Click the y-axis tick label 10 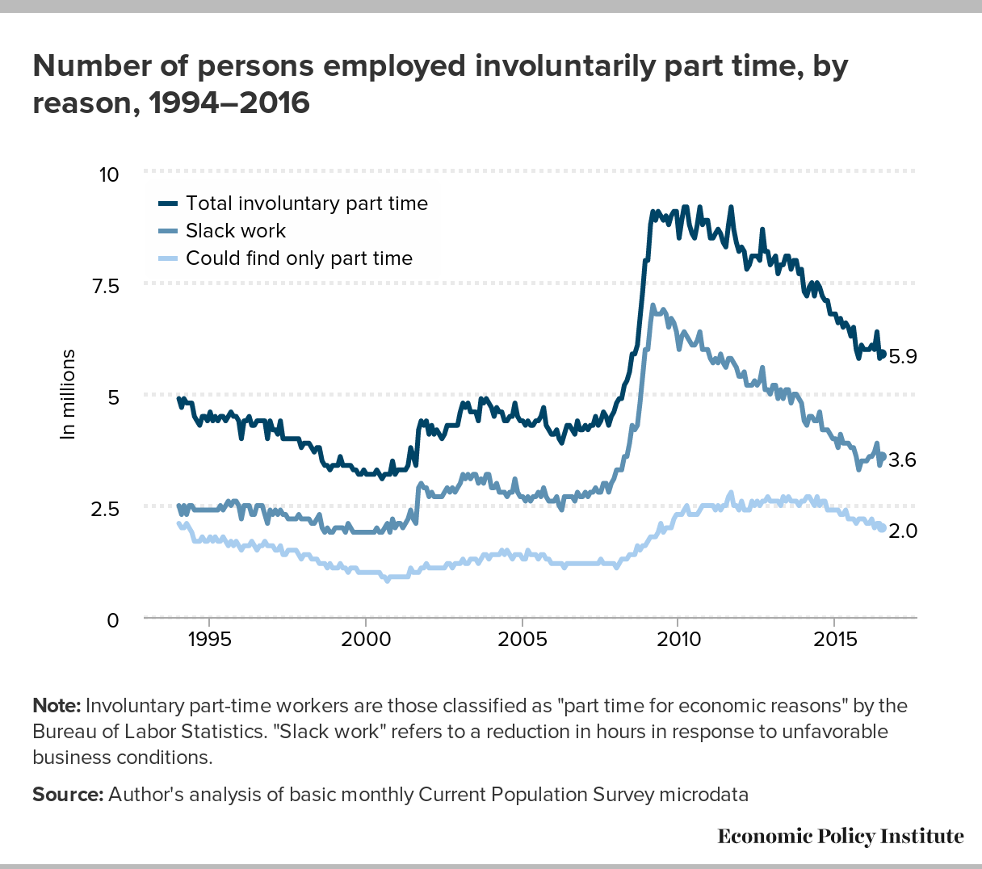(x=107, y=174)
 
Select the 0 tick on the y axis (x=113, y=620)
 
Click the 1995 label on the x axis (x=209, y=640)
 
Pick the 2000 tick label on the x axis (x=366, y=640)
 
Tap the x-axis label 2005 (x=522, y=640)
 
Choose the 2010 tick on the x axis (x=678, y=640)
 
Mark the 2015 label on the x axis (x=835, y=640)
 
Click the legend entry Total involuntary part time (x=306, y=204)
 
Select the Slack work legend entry (x=236, y=231)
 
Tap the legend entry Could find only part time (x=299, y=258)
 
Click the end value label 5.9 (x=902, y=356)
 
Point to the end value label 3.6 (x=902, y=460)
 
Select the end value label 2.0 (x=902, y=531)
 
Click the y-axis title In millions (x=69, y=394)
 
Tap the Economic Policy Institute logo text (x=841, y=836)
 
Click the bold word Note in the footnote (x=56, y=706)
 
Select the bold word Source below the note (x=67, y=795)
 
